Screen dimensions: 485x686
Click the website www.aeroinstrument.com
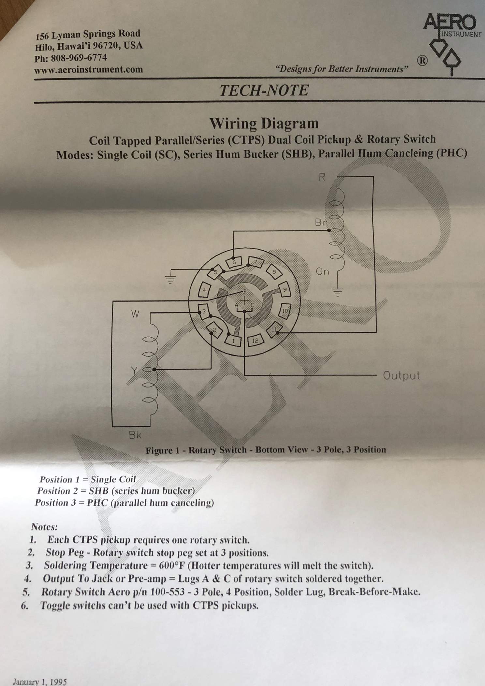pos(89,69)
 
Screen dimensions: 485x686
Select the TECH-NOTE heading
pos(264,90)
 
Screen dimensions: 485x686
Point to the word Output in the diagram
pos(401,375)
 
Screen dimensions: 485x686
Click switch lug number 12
pos(255,341)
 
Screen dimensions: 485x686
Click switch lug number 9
pos(285,290)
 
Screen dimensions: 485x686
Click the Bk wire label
pos(135,435)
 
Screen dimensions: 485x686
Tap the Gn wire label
pos(322,271)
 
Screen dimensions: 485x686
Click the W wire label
pos(135,314)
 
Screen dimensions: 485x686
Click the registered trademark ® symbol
pos(422,61)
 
